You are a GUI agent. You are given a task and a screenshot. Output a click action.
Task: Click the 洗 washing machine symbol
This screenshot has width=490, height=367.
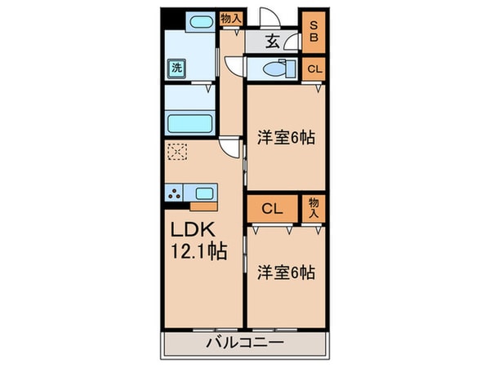(x=176, y=69)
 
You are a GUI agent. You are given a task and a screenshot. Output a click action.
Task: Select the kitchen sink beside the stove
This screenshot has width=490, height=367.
(x=203, y=193)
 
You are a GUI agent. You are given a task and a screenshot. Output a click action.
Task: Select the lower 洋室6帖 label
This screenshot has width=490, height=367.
(x=286, y=272)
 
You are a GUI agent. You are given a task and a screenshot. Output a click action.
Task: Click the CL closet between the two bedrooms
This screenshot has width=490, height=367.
(x=273, y=209)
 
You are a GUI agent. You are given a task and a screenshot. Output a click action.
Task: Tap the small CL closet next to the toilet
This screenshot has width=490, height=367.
(x=314, y=70)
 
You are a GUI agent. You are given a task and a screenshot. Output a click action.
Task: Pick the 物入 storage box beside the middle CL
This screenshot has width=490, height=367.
(x=314, y=207)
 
